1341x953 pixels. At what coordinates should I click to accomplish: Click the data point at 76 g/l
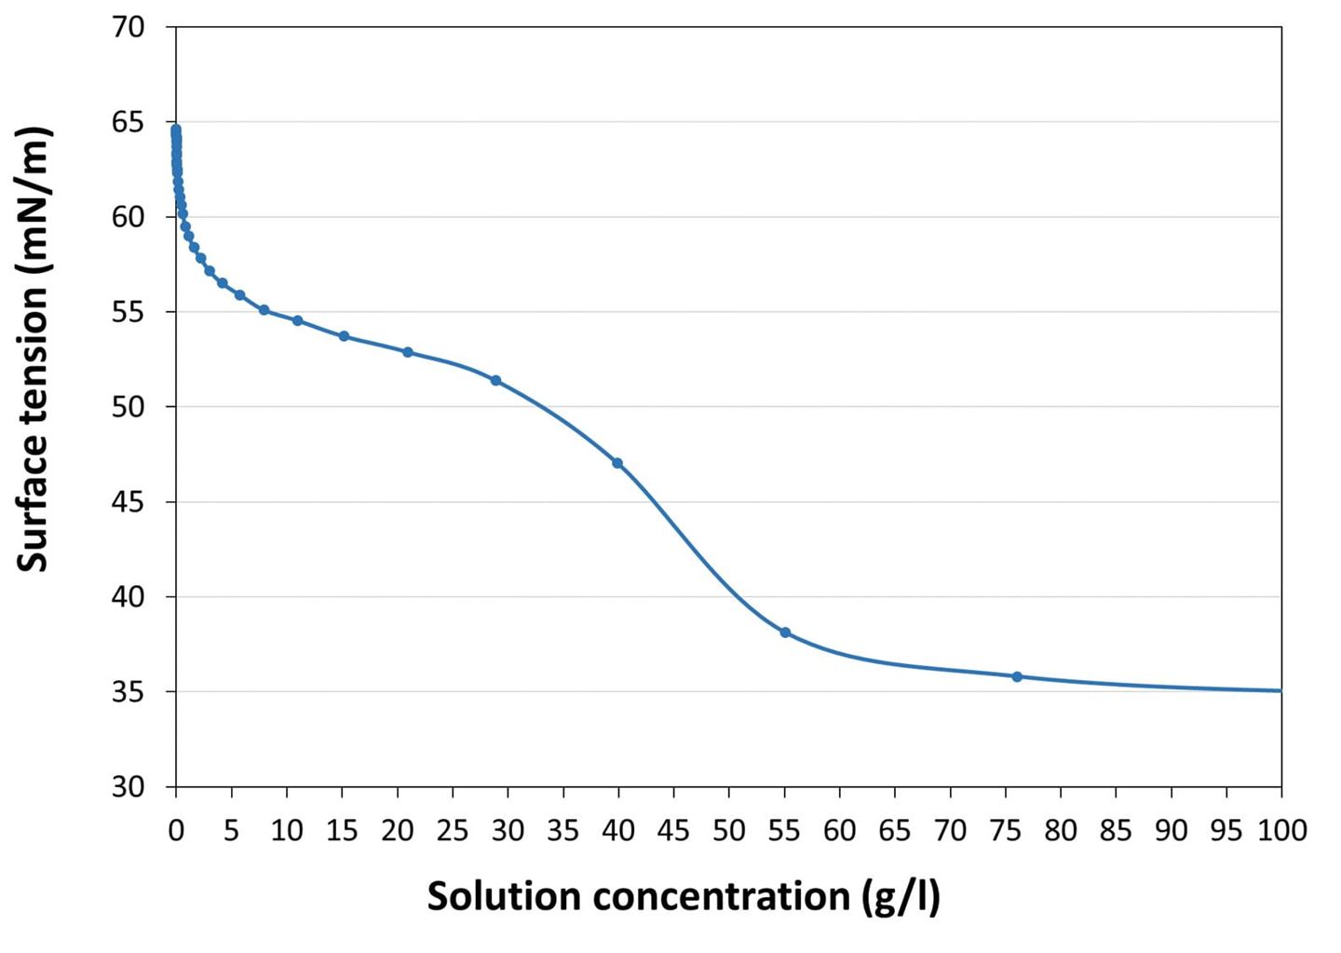tap(1017, 676)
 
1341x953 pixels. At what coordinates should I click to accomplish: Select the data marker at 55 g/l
tap(785, 633)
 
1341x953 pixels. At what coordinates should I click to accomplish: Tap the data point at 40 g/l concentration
tap(617, 463)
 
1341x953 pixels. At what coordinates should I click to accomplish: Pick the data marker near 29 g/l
tap(495, 380)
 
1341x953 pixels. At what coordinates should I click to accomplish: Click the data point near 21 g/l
tap(408, 352)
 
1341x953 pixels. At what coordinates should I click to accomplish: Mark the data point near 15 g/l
tap(344, 335)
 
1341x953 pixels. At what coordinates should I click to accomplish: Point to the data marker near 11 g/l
tap(298, 320)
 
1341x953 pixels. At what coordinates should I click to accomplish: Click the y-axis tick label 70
tap(129, 27)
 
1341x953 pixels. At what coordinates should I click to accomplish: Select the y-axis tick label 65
tap(129, 122)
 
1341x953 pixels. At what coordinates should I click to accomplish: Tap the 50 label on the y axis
tap(129, 407)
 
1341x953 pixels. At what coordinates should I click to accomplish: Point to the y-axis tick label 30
tap(129, 787)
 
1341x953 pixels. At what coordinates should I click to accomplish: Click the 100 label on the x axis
tap(1281, 830)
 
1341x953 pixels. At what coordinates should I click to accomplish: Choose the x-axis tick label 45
tap(673, 830)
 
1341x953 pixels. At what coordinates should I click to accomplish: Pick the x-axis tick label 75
tap(1005, 830)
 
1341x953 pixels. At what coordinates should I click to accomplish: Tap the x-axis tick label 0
tap(176, 830)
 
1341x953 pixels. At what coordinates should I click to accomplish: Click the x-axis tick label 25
tap(453, 830)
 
